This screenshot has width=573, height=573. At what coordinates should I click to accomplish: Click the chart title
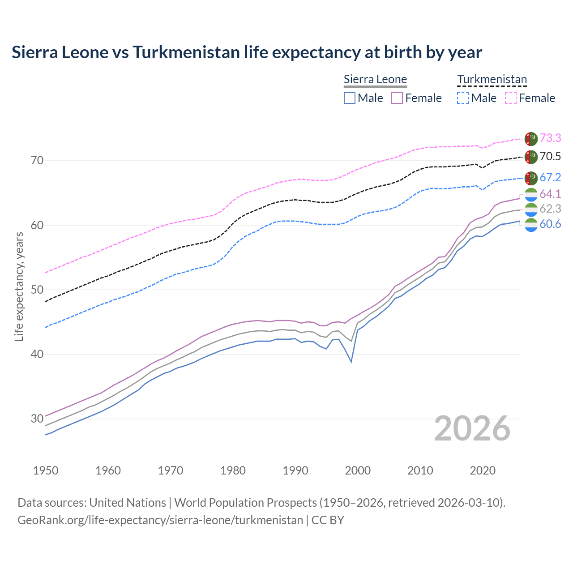(247, 52)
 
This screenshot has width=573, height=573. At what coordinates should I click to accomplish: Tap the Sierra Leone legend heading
(375, 80)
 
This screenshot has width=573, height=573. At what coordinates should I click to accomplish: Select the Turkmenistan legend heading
(492, 80)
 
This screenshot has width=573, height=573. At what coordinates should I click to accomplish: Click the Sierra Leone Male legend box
(350, 98)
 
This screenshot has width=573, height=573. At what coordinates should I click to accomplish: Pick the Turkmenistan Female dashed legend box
(511, 98)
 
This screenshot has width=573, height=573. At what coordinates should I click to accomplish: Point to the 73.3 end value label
(550, 138)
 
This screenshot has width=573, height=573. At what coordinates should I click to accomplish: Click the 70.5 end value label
(550, 156)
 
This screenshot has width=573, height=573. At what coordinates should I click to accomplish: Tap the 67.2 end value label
(550, 177)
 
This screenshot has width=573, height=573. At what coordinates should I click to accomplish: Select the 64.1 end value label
(550, 194)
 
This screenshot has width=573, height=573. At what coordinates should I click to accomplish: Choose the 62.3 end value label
(550, 209)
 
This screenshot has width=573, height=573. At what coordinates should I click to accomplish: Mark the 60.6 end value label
(550, 224)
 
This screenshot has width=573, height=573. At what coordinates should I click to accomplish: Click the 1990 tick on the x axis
(295, 470)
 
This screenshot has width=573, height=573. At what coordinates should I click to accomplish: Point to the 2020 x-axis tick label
(482, 470)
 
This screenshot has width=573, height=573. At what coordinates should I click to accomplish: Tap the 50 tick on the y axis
(37, 290)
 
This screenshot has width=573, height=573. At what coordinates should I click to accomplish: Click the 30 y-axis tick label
(37, 419)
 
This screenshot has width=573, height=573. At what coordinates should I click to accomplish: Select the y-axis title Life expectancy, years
(19, 286)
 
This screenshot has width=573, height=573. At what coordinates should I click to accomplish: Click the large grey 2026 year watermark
(472, 428)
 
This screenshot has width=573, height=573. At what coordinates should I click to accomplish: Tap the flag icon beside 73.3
(531, 139)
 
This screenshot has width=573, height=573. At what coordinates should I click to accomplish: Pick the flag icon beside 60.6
(531, 224)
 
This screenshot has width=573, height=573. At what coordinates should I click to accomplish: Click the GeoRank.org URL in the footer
(160, 520)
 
